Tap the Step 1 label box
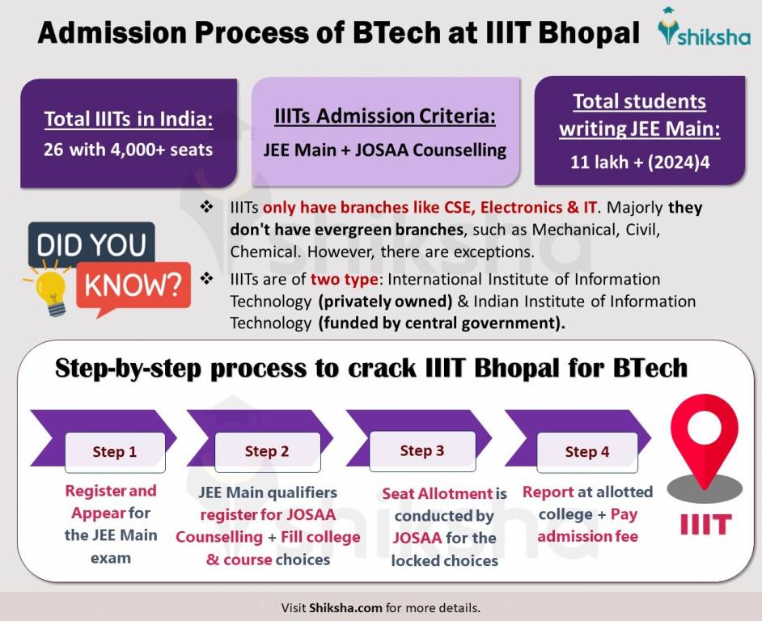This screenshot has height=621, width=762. pyautogui.click(x=114, y=452)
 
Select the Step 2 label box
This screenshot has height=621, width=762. pyautogui.click(x=266, y=452)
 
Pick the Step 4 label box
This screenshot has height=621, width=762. pyautogui.click(x=586, y=452)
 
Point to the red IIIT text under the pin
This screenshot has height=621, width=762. pyautogui.click(x=705, y=523)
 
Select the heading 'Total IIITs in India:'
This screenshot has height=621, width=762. pyautogui.click(x=129, y=120)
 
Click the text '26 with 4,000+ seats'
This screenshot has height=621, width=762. pyautogui.click(x=129, y=150)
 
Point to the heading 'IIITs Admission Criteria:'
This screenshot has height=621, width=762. pyautogui.click(x=384, y=116)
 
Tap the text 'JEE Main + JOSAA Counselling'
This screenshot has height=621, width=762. pyautogui.click(x=384, y=150)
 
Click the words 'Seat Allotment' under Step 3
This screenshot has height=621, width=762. pyautogui.click(x=437, y=493)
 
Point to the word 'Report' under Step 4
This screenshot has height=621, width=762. pyautogui.click(x=548, y=492)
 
